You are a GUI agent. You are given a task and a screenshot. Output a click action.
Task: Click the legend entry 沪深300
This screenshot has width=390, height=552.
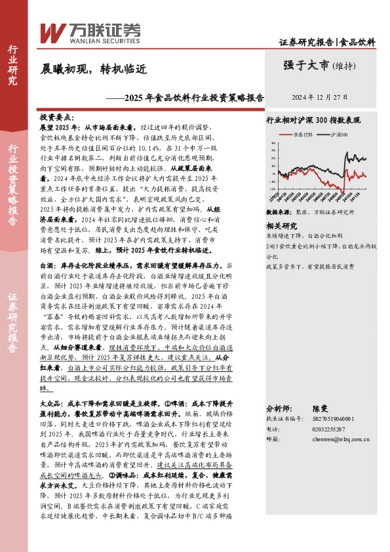(340, 134)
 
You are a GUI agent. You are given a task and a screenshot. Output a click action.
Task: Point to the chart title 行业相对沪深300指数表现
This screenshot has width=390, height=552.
(322, 121)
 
